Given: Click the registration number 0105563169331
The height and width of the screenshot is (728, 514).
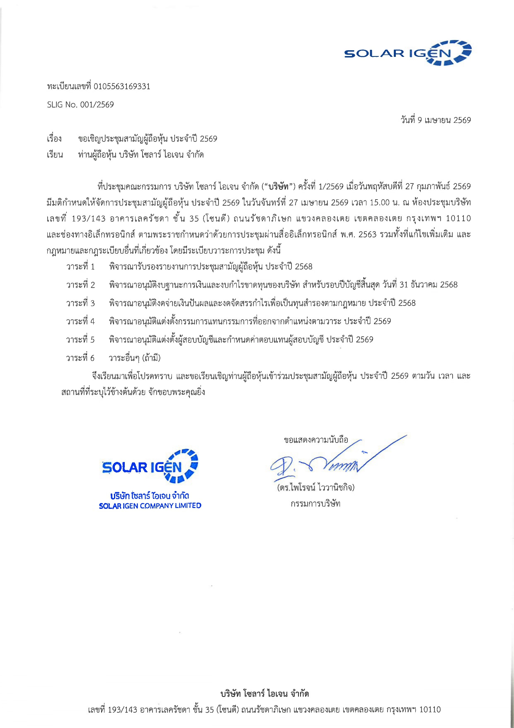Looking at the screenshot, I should (122, 86).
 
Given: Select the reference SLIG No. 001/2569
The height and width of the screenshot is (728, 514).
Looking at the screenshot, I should (80, 105).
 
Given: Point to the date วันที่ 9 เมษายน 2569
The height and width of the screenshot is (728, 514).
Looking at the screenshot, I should (436, 120).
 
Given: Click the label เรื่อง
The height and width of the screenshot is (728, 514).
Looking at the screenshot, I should (54, 139).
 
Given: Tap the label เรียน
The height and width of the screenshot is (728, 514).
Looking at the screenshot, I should (55, 155).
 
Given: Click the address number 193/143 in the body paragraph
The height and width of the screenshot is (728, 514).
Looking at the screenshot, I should (89, 218).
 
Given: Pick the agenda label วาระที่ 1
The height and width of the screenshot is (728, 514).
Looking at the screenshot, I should (80, 266).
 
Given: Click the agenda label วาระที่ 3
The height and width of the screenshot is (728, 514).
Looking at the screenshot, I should (80, 303).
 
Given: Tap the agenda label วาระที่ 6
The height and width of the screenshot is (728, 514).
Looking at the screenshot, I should (80, 358).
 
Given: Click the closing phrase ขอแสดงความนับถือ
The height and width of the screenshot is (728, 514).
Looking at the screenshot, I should (316, 440).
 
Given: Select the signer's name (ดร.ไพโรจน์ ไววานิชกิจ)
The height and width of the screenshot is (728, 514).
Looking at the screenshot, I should (316, 487).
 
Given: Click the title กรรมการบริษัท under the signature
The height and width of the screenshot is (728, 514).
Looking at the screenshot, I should (315, 504).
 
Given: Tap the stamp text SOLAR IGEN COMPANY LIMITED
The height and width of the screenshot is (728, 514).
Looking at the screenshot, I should (150, 506).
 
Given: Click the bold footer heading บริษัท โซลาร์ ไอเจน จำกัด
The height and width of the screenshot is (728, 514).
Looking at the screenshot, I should (264, 694).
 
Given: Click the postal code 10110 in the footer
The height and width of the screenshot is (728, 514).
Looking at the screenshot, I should (430, 709).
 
